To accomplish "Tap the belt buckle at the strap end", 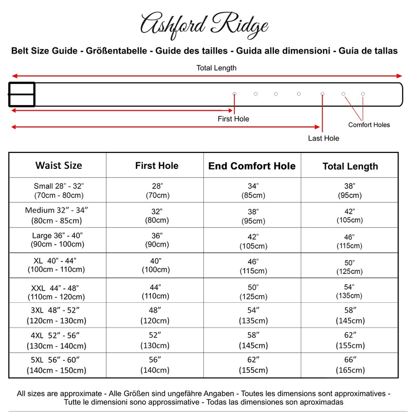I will pyautogui.click(x=22, y=94).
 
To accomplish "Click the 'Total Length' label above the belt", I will pyautogui.click(x=216, y=68).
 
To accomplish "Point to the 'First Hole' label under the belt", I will pyautogui.click(x=233, y=119).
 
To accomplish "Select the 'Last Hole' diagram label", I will pyautogui.click(x=323, y=138).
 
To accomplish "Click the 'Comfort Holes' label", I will pyautogui.click(x=369, y=125).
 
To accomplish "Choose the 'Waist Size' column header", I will pyautogui.click(x=58, y=166).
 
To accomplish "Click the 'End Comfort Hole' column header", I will pyautogui.click(x=252, y=166).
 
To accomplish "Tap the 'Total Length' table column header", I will pyautogui.click(x=350, y=166).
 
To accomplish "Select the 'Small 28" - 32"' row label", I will pyautogui.click(x=58, y=191).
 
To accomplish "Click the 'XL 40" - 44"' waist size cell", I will pyautogui.click(x=58, y=265).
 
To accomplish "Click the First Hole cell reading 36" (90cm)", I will pyautogui.click(x=156, y=240).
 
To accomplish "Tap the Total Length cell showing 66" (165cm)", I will pyautogui.click(x=350, y=365).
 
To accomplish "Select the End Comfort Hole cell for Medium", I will pyautogui.click(x=252, y=215).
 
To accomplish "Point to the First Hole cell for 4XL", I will pyautogui.click(x=156, y=340).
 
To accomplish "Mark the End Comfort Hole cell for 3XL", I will pyautogui.click(x=252, y=315).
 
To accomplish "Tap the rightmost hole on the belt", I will pyautogui.click(x=363, y=94).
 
